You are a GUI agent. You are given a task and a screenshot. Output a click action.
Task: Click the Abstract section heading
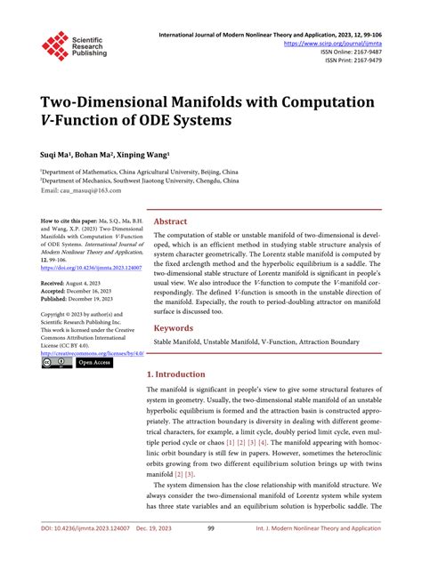coord(171,221)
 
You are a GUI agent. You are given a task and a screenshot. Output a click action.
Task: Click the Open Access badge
coord(94,363)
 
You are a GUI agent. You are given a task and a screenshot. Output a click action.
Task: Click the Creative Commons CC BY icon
coord(56,363)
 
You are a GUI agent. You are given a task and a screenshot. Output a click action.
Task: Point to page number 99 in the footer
coord(211,554)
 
